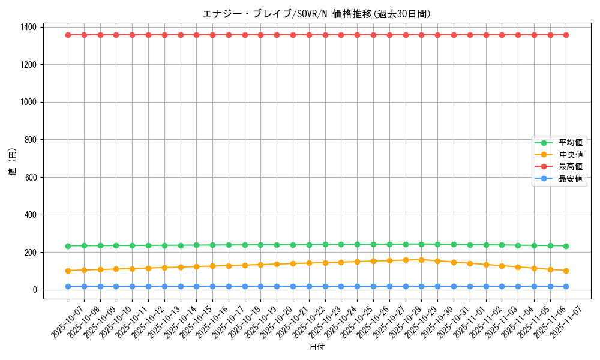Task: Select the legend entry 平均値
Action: pos(571,143)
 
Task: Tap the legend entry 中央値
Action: pos(571,155)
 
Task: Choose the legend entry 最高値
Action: pos(571,167)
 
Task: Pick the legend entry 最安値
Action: pos(571,179)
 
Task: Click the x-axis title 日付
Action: pos(317,347)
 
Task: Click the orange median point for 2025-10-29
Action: pos(422,260)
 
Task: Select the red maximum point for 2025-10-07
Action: pos(68,35)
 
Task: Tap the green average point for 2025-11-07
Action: pos(566,246)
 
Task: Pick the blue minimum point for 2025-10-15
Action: pos(196,286)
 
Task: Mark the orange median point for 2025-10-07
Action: pos(68,271)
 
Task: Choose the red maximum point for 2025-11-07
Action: pos(566,35)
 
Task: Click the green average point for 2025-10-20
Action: pos(277,245)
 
